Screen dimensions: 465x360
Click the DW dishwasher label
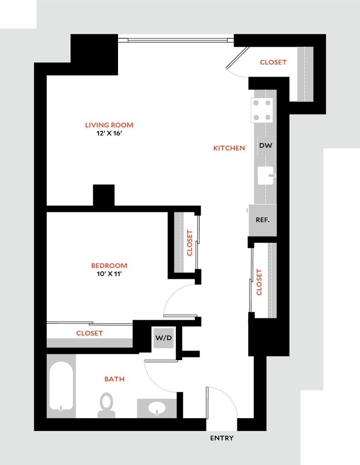(266, 146)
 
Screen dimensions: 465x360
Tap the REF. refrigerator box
(262, 220)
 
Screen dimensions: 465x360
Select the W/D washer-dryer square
(163, 338)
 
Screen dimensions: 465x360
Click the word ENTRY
(222, 438)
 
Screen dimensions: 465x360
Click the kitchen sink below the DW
(266, 175)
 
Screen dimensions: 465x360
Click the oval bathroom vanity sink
(157, 408)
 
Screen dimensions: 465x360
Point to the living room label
(109, 125)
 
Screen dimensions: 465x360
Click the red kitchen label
(229, 148)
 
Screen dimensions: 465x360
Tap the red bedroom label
(109, 266)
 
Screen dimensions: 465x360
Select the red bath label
(114, 378)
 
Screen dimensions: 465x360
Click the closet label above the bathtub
(90, 333)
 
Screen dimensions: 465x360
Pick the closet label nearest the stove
(273, 63)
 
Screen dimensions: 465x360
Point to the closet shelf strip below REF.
(271, 280)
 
